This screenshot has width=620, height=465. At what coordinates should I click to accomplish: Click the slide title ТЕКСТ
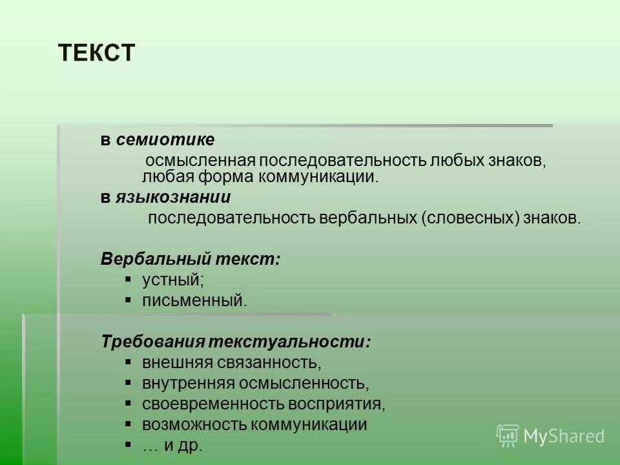coord(96,53)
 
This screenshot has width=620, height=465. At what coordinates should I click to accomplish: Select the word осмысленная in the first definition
coord(201,161)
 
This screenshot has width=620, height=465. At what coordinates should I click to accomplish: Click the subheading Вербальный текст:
coord(191,259)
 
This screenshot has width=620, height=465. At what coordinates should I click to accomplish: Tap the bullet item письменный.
coord(194,300)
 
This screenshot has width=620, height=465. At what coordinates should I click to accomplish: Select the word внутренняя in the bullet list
coord(188,383)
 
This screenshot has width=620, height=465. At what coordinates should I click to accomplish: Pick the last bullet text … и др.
coord(172,445)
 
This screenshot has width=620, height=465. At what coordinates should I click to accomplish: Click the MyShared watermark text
coord(564,436)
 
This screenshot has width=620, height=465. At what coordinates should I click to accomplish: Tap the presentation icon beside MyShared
coord(508,435)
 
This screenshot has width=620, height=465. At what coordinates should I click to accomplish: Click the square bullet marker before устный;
coord(129,279)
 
